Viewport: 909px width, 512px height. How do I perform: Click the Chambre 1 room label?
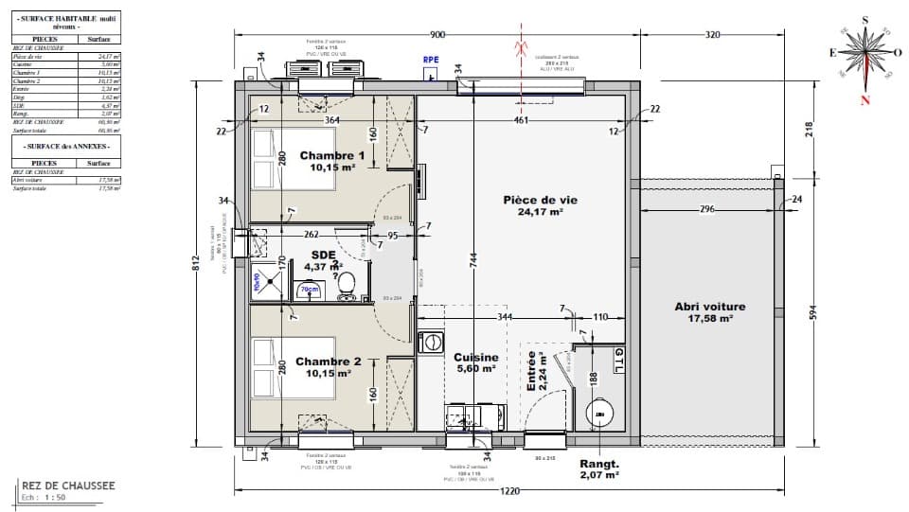(332, 156)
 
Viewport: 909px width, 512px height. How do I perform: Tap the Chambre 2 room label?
(328, 362)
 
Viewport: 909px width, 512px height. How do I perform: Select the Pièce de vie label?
(540, 201)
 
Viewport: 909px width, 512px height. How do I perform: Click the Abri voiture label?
(710, 307)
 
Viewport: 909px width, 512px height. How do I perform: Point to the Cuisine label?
(475, 358)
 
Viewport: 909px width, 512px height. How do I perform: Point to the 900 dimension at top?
(437, 35)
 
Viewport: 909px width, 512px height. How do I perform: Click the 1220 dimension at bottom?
(511, 491)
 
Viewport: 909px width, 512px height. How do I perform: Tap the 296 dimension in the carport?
(706, 210)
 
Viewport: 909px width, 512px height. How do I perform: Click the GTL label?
(619, 361)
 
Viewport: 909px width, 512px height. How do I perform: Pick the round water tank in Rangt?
(599, 414)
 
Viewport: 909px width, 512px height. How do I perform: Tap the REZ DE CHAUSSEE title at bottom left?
(68, 486)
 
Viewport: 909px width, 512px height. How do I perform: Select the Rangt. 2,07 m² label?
(598, 469)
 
